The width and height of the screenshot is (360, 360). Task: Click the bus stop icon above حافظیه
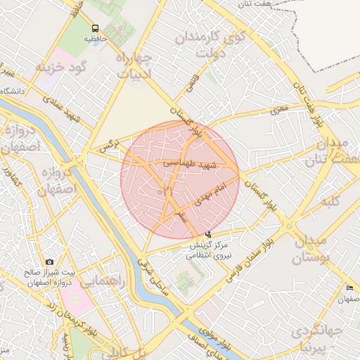click(94, 27)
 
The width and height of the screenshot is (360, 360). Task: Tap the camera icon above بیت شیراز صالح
click(49, 262)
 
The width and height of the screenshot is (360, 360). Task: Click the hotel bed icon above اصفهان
click(350, 288)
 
